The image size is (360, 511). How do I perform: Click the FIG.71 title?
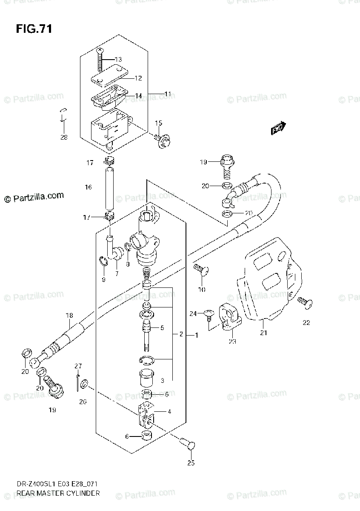34,29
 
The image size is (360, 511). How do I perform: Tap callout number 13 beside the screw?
118,59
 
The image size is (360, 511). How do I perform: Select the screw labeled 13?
100,59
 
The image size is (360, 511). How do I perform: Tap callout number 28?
64,137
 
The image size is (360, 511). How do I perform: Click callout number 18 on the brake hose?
69,316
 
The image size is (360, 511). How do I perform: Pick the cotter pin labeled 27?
77,381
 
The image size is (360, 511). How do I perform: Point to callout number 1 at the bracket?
197,335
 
